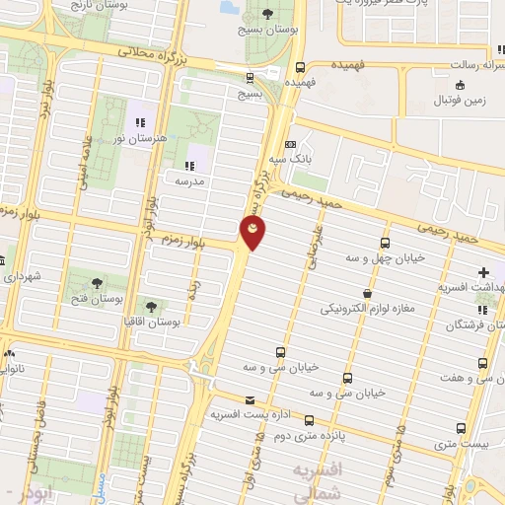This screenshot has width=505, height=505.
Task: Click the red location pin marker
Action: click(x=252, y=233)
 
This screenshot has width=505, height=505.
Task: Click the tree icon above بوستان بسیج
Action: click(x=268, y=13)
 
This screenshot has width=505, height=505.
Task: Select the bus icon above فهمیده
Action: click(x=300, y=67)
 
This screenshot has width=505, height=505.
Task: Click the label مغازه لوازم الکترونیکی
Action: click(x=367, y=309)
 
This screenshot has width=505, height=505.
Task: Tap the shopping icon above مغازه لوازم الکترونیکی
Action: click(x=368, y=293)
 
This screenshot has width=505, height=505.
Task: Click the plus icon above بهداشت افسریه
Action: click(x=483, y=271)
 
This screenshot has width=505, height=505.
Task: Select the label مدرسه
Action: click(x=188, y=181)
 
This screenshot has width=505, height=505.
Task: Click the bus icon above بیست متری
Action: click(x=462, y=428)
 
